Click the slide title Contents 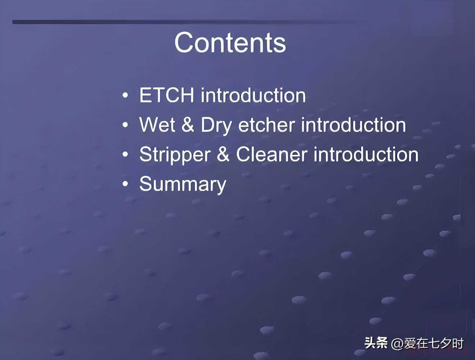pos(230,42)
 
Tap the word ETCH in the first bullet pos(166,95)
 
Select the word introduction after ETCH pos(253,95)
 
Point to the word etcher pos(267,125)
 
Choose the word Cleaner pos(272,154)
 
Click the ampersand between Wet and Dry pos(188,125)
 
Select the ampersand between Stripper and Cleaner pos(223,154)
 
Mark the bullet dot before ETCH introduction pos(125,95)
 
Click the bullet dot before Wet pos(125,125)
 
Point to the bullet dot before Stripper pos(125,154)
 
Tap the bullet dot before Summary pos(125,184)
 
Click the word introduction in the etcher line pos(354,125)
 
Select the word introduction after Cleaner pos(366,154)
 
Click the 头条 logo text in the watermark pos(376,343)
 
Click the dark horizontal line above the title pos(184,22)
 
